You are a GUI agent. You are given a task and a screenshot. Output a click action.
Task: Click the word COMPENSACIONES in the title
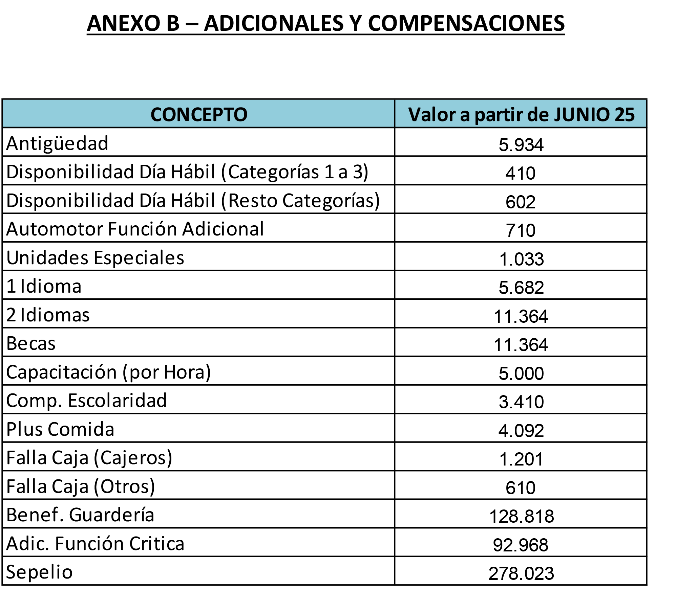click(x=466, y=23)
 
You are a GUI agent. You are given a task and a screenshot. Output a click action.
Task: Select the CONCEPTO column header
click(x=199, y=114)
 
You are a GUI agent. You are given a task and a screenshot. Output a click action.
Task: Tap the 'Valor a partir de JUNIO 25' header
click(x=521, y=114)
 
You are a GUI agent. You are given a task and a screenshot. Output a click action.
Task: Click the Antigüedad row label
click(x=57, y=143)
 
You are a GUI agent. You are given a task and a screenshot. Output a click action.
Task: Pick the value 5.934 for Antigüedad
click(x=521, y=145)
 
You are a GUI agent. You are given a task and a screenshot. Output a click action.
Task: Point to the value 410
click(x=521, y=173)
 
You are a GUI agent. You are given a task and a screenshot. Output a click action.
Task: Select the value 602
click(x=521, y=202)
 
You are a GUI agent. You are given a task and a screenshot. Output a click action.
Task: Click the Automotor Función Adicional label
click(x=135, y=229)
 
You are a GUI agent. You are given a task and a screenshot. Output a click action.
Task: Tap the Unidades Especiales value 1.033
click(x=522, y=259)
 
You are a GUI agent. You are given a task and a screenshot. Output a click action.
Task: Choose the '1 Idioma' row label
click(x=44, y=286)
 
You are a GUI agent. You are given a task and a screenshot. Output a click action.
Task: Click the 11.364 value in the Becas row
click(x=521, y=345)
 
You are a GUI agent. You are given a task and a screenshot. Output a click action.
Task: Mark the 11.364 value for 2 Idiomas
click(x=521, y=316)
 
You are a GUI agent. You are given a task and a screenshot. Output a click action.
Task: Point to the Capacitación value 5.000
click(x=521, y=373)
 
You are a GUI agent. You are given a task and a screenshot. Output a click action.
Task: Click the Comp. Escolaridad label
click(x=87, y=401)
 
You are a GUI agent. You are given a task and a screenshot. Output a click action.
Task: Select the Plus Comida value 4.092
click(x=521, y=431)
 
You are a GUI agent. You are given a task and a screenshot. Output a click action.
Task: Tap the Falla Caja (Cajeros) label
click(x=89, y=458)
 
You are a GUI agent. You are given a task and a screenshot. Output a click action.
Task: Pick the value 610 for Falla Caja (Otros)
click(x=521, y=488)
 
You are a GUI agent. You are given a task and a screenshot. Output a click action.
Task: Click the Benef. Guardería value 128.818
click(x=522, y=516)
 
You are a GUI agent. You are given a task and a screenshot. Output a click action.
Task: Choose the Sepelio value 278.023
click(x=521, y=573)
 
